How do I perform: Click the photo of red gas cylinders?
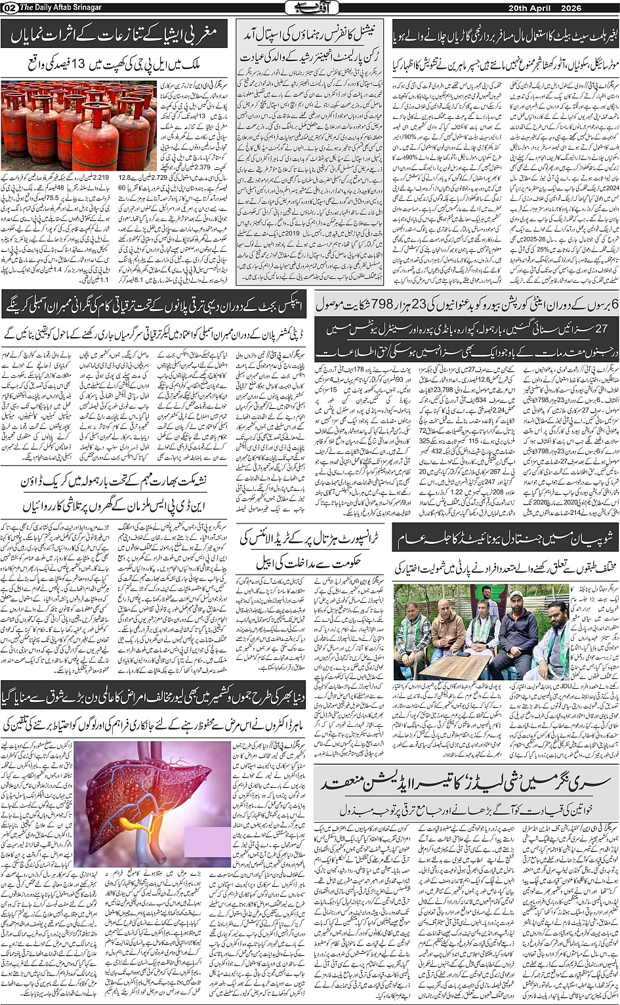pos(79,125)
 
